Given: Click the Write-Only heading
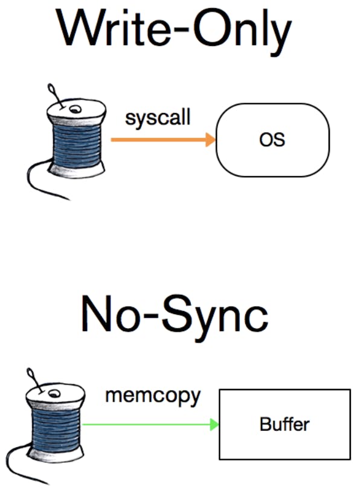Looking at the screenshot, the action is [x=174, y=31].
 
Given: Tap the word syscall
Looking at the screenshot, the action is [x=158, y=118].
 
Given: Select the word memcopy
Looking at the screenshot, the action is [x=153, y=397].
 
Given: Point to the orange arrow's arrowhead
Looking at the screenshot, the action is [x=211, y=140].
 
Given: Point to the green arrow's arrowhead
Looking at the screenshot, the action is [x=214, y=425].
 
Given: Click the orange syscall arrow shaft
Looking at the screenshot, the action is [x=158, y=140].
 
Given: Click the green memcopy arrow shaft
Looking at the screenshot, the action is [x=146, y=425].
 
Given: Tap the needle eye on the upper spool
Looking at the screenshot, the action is [x=50, y=89].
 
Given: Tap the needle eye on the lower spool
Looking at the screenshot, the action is [x=30, y=373].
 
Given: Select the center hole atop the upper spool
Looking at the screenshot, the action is [x=75, y=109].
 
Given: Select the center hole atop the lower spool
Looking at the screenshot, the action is [x=54, y=393].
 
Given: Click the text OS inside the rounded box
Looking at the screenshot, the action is [x=272, y=140].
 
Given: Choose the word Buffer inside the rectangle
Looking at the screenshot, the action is [x=284, y=424].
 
